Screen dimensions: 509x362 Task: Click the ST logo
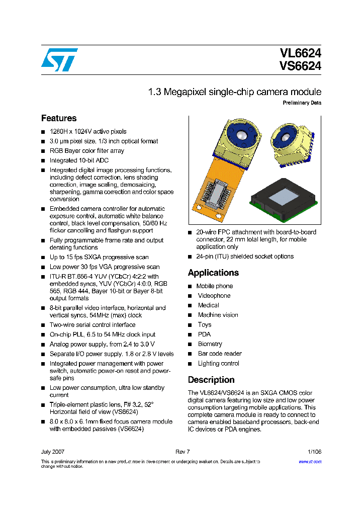pyautogui.click(x=59, y=60)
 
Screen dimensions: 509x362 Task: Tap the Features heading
pyautogui.click(x=59, y=119)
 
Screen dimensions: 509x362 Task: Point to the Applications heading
pyautogui.click(x=213, y=273)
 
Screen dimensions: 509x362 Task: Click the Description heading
pyautogui.click(x=211, y=380)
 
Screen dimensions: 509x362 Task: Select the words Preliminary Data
pyautogui.click(x=302, y=103)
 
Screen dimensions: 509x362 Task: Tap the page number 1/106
pyautogui.click(x=314, y=452)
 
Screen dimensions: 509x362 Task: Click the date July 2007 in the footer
pyautogui.click(x=53, y=452)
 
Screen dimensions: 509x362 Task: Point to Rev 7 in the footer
pyautogui.click(x=182, y=452)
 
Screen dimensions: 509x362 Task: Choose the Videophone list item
pyautogui.click(x=214, y=296)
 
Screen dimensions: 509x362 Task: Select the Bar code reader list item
pyautogui.click(x=220, y=354)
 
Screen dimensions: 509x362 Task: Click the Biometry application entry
pyautogui.click(x=210, y=344)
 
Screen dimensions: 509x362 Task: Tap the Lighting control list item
pyautogui.click(x=219, y=363)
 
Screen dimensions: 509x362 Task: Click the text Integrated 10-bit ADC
pyautogui.click(x=79, y=160)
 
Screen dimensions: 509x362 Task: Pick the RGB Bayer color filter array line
pyautogui.click(x=86, y=151)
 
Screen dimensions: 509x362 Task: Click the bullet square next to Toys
pyautogui.click(x=190, y=325)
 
